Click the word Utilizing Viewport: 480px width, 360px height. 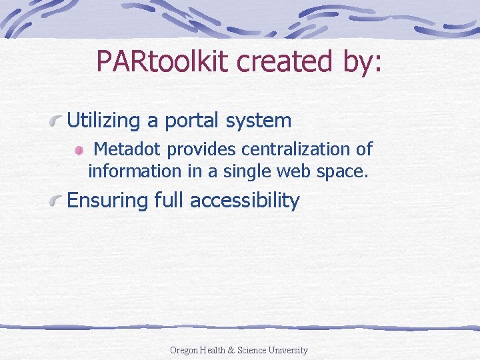(x=105, y=121)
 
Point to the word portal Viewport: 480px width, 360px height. (x=194, y=121)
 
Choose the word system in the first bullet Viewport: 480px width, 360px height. (x=261, y=121)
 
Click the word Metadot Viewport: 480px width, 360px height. (x=127, y=149)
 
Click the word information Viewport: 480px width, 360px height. (x=134, y=171)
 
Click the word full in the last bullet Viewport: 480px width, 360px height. (x=167, y=201)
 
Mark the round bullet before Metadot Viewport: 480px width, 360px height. (x=79, y=151)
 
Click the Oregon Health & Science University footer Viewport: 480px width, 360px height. (x=239, y=350)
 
